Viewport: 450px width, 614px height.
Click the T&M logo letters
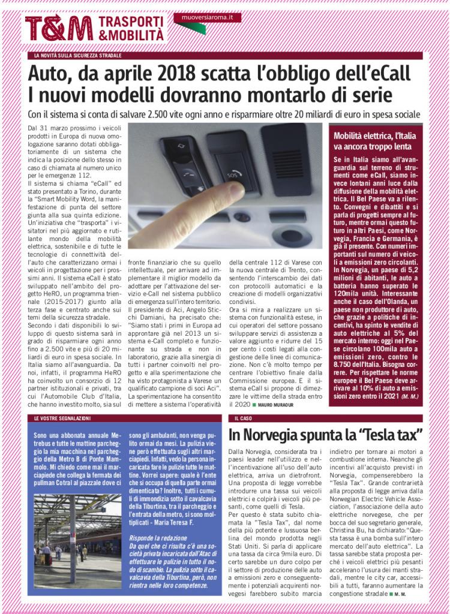click(x=59, y=28)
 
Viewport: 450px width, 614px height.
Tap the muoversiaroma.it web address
click(x=207, y=18)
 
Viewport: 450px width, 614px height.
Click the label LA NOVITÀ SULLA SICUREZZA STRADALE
click(x=79, y=55)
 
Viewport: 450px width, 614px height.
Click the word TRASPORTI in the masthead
click(x=131, y=22)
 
